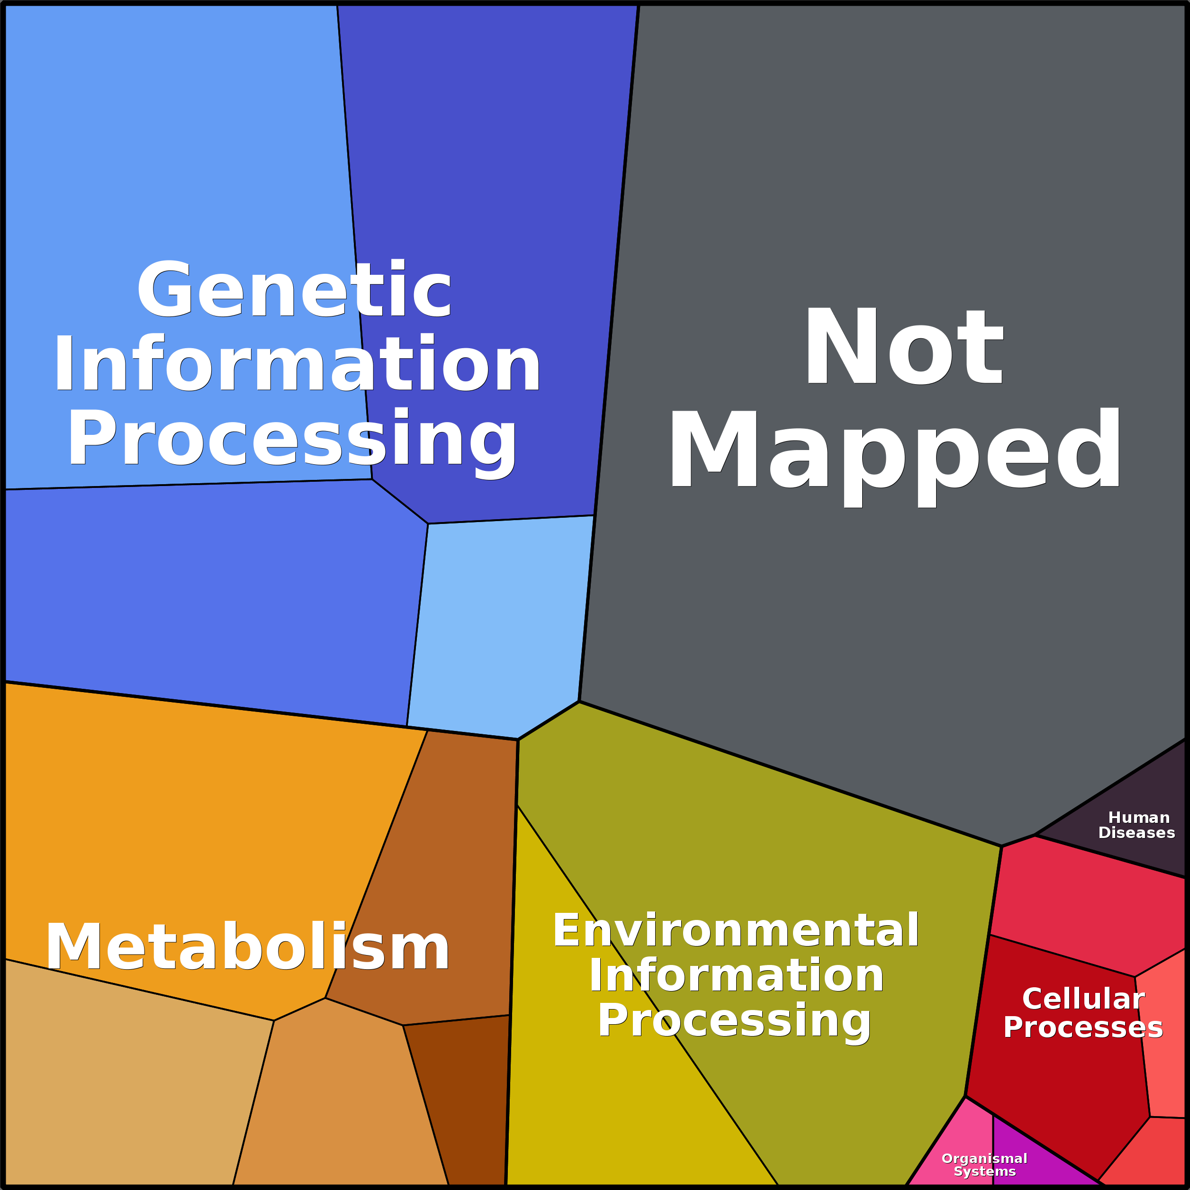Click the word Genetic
294,289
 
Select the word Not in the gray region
903,347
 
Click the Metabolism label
248,948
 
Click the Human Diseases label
1136,825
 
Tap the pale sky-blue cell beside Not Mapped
499,622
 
